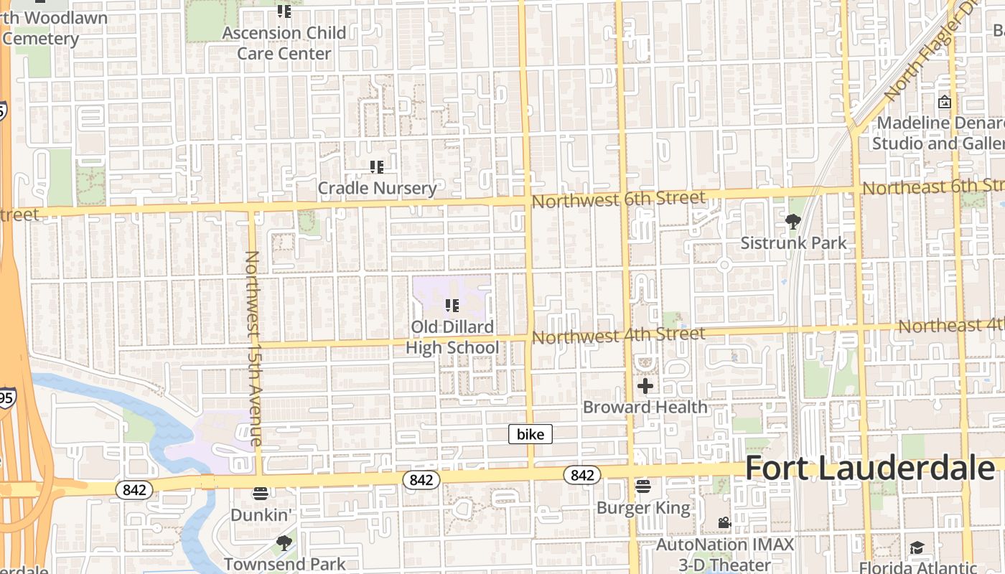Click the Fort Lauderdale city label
[870, 469]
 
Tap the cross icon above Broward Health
[645, 386]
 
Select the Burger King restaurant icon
[642, 487]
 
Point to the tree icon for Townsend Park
[284, 543]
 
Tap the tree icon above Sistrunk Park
[793, 222]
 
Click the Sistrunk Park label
[793, 243]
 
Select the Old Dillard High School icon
[452, 306]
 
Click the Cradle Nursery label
[377, 188]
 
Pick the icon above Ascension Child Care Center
[284, 11]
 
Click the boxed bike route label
[530, 434]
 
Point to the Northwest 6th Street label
[619, 199]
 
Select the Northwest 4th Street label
[619, 335]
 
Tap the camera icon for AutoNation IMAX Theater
[724, 523]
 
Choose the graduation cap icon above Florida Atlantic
[917, 549]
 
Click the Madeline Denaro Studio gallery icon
[945, 102]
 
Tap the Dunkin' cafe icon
[260, 494]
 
